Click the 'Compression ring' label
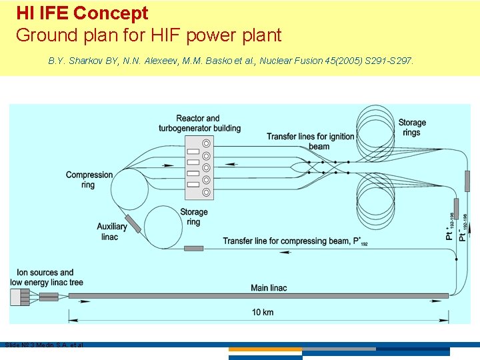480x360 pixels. [x=89, y=180]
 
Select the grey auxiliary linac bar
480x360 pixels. [x=132, y=223]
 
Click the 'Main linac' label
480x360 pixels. [x=269, y=287]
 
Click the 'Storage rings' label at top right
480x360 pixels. [x=412, y=127]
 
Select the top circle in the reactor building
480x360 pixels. [x=207, y=143]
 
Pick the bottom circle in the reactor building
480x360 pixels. [x=207, y=192]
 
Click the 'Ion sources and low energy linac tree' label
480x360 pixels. [x=45, y=277]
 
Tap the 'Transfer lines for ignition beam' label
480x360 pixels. [x=311, y=141]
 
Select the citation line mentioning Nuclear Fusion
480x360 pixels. [x=231, y=61]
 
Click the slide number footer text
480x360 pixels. [x=43, y=345]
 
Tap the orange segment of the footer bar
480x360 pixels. [x=265, y=349]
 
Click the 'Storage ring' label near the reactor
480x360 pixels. [x=193, y=217]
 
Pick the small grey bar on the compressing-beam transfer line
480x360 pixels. [x=193, y=248]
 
